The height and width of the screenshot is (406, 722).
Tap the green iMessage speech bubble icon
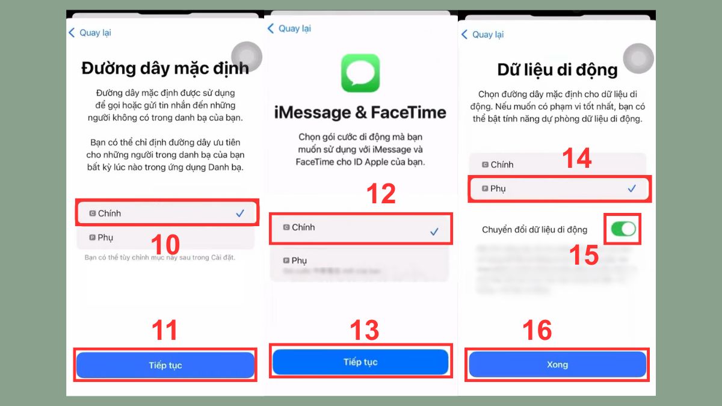point(360,73)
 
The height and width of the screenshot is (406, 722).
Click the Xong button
point(557,364)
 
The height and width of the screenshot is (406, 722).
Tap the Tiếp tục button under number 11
point(165,365)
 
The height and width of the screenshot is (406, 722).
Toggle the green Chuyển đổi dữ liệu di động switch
point(623,229)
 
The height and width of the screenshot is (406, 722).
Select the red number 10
point(165,245)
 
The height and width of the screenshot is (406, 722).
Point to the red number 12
point(380,194)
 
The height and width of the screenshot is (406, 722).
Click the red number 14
point(576,158)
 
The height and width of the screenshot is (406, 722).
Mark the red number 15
point(583,255)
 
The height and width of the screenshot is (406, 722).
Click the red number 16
point(537,330)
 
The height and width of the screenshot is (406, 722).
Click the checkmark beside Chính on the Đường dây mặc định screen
point(240,214)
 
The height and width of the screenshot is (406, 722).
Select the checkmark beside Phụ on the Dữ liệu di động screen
point(632,189)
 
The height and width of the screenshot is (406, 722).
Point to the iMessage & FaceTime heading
point(360,112)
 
